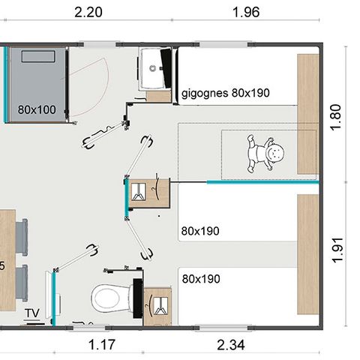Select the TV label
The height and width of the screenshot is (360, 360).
pos(32,312)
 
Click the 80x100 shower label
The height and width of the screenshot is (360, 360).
pos(37,109)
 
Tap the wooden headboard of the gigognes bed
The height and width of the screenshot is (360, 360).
pos(308,112)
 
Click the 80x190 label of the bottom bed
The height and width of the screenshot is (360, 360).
pos(201,278)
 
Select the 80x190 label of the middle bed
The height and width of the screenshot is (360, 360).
pos(200,231)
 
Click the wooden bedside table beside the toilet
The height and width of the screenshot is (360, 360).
pos(159,306)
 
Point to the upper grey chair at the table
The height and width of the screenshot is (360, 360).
pos(22,235)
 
